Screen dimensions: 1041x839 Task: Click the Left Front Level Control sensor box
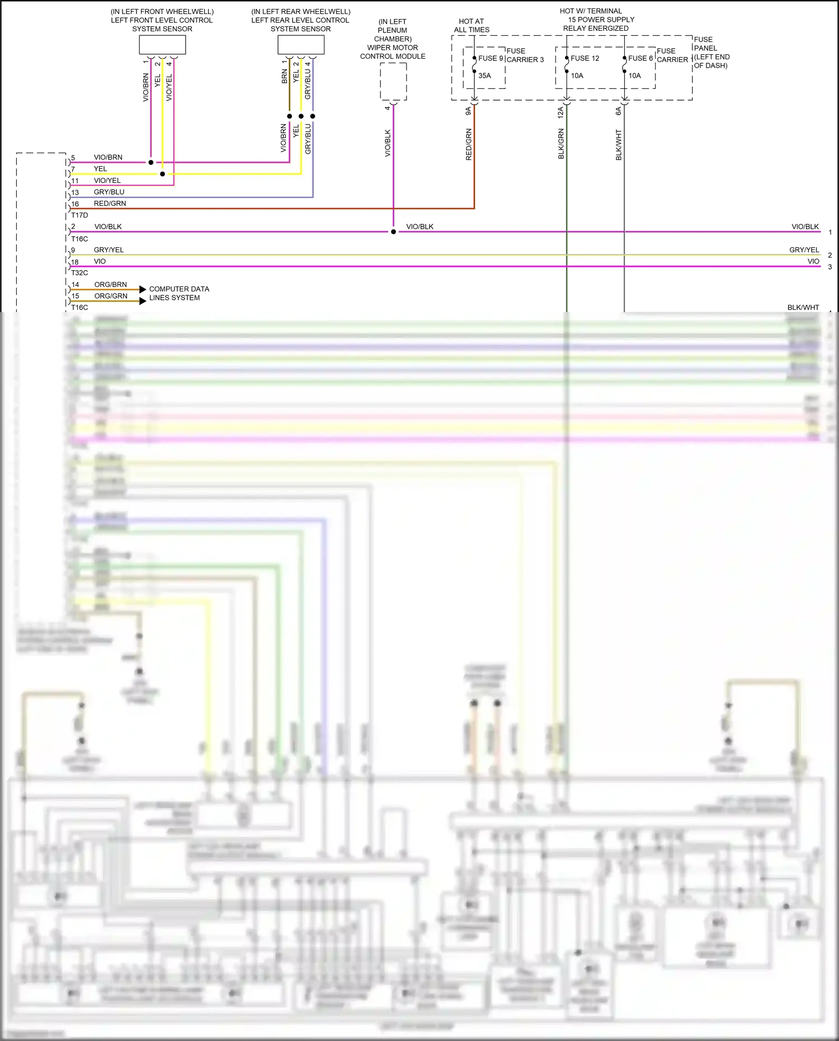(x=162, y=45)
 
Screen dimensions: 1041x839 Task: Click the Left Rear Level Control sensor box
(x=301, y=45)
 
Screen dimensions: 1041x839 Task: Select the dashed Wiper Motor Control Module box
(x=393, y=81)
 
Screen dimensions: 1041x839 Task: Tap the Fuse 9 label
(x=491, y=58)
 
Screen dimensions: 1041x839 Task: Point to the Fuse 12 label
(x=585, y=58)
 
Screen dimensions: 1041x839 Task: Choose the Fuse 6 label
(x=640, y=58)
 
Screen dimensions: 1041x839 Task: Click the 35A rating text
(x=484, y=76)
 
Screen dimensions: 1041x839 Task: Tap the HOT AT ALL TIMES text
(x=472, y=26)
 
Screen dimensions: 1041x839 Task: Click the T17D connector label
(x=79, y=215)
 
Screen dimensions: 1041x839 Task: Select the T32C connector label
(x=79, y=273)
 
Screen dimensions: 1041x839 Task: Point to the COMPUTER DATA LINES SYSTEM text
(x=179, y=293)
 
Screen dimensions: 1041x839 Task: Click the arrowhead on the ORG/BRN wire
(x=143, y=290)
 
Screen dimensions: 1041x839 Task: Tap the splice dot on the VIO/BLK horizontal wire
(x=393, y=232)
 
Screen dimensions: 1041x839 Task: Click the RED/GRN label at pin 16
(x=110, y=204)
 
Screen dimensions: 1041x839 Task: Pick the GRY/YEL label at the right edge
(x=804, y=250)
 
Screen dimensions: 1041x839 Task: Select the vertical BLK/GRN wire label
(x=561, y=144)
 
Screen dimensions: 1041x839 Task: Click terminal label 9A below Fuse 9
(x=469, y=111)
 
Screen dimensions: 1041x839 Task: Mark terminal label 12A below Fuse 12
(x=560, y=112)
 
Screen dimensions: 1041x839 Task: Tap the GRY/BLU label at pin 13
(x=109, y=192)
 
